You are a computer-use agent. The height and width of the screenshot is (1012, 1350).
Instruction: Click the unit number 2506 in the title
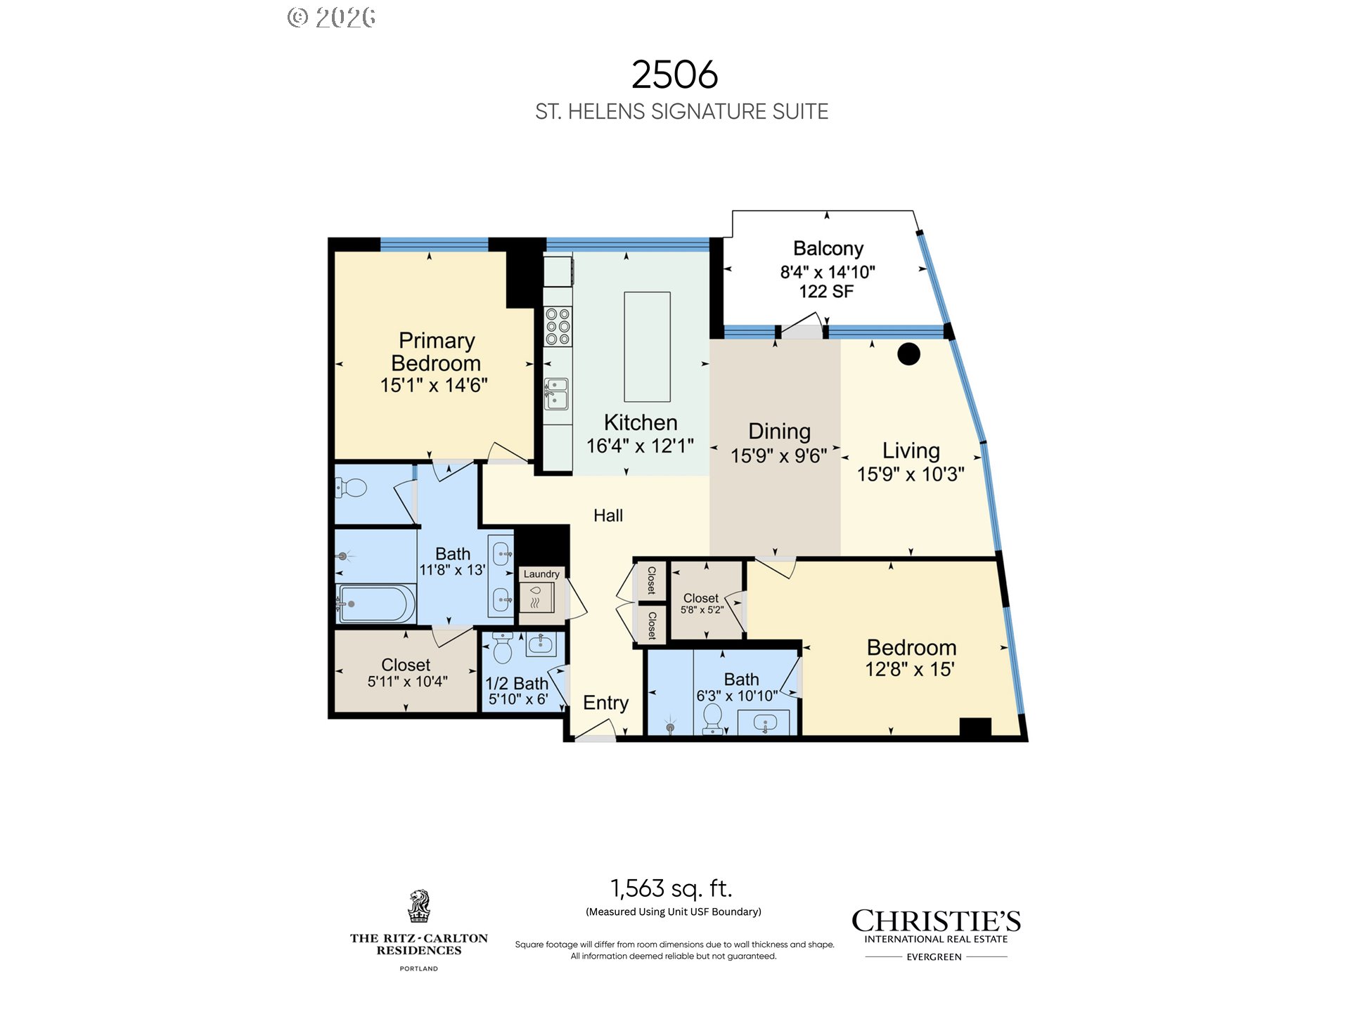(674, 74)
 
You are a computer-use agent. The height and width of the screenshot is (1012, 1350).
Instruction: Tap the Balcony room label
(828, 249)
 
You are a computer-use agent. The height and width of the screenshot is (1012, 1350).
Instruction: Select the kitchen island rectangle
(647, 346)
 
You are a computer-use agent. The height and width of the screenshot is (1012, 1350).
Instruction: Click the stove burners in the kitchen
(558, 327)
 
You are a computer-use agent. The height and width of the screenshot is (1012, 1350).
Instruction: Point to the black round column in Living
(908, 353)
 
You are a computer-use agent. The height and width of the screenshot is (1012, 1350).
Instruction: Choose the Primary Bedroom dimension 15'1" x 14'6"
(434, 385)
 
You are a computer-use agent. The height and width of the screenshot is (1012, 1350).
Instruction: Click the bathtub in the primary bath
(375, 604)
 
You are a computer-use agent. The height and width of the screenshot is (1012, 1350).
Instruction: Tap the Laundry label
(541, 574)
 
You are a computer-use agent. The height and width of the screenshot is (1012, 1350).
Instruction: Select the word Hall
(608, 516)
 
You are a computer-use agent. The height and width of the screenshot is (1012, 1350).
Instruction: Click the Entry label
(605, 703)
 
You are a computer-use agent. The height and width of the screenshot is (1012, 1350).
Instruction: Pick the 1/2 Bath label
(517, 683)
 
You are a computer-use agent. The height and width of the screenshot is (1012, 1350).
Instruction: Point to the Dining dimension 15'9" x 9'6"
(779, 456)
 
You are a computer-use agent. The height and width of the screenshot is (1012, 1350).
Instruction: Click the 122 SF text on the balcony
(826, 292)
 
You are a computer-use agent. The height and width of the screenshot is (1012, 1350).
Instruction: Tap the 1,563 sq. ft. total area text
(671, 888)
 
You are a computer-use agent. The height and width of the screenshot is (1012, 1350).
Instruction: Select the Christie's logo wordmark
(936, 921)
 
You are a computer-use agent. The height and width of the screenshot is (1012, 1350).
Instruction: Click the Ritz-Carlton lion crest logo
(419, 907)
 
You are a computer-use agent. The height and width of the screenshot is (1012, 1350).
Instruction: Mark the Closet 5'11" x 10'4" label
(406, 673)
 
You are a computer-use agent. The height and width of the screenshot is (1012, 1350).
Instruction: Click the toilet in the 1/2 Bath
(503, 647)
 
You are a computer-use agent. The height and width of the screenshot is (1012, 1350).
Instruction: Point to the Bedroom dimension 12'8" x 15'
(910, 670)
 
